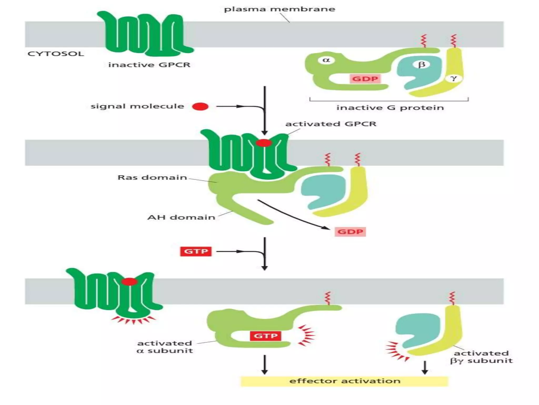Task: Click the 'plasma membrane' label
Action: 280,9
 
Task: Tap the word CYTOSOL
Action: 56,54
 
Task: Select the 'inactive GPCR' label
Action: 149,65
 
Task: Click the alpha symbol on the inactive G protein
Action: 326,60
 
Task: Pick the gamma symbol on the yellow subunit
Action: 453,78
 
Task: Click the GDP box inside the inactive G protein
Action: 365,79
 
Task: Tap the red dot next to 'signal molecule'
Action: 200,107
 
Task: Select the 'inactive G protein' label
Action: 390,108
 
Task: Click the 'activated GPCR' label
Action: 331,124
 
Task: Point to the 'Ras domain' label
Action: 152,177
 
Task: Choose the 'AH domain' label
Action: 181,217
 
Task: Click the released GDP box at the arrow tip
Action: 350,232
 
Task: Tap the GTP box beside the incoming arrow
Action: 196,251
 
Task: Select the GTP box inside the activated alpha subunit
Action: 266,336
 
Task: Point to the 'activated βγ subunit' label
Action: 481,357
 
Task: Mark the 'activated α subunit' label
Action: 165,347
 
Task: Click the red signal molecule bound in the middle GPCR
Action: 264,143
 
